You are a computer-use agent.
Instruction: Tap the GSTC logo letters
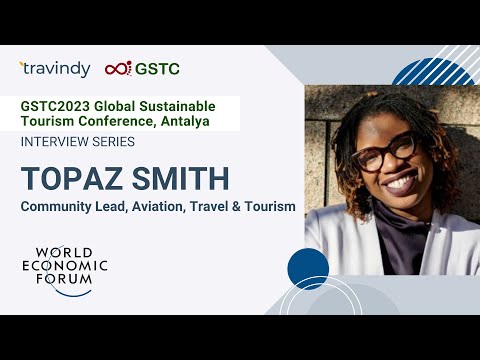pos(160,68)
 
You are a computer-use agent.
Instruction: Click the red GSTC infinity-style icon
pos(119,68)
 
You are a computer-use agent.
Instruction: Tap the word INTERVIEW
pos(61,143)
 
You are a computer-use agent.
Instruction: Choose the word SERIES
pos(131,143)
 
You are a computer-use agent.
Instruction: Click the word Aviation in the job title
pos(149,206)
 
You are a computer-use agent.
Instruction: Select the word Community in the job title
pos(59,206)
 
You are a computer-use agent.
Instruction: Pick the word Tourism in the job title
pos(267,206)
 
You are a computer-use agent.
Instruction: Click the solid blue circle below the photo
pos(308,269)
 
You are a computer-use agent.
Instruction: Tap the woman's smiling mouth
pos(398,183)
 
